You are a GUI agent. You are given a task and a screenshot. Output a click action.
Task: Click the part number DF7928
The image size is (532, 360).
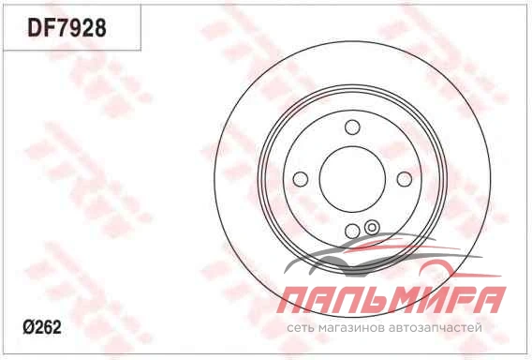(x=66, y=27)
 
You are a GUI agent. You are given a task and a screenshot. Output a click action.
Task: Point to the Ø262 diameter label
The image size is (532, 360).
(x=42, y=327)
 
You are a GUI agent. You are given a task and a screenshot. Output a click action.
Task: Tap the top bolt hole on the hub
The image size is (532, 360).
(x=352, y=127)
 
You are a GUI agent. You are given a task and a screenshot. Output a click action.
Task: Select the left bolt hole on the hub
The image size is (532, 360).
(x=301, y=179)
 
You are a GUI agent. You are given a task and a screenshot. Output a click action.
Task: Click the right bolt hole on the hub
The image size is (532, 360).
(x=404, y=179)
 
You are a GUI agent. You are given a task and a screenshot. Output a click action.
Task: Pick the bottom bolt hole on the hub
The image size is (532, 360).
(x=352, y=231)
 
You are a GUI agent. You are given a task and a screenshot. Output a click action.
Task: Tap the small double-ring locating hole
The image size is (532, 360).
(x=372, y=227)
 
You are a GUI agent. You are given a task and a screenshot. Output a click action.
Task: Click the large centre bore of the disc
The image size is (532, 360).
(x=352, y=179)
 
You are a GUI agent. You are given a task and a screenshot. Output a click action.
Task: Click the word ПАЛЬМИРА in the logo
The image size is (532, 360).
(x=392, y=300)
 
